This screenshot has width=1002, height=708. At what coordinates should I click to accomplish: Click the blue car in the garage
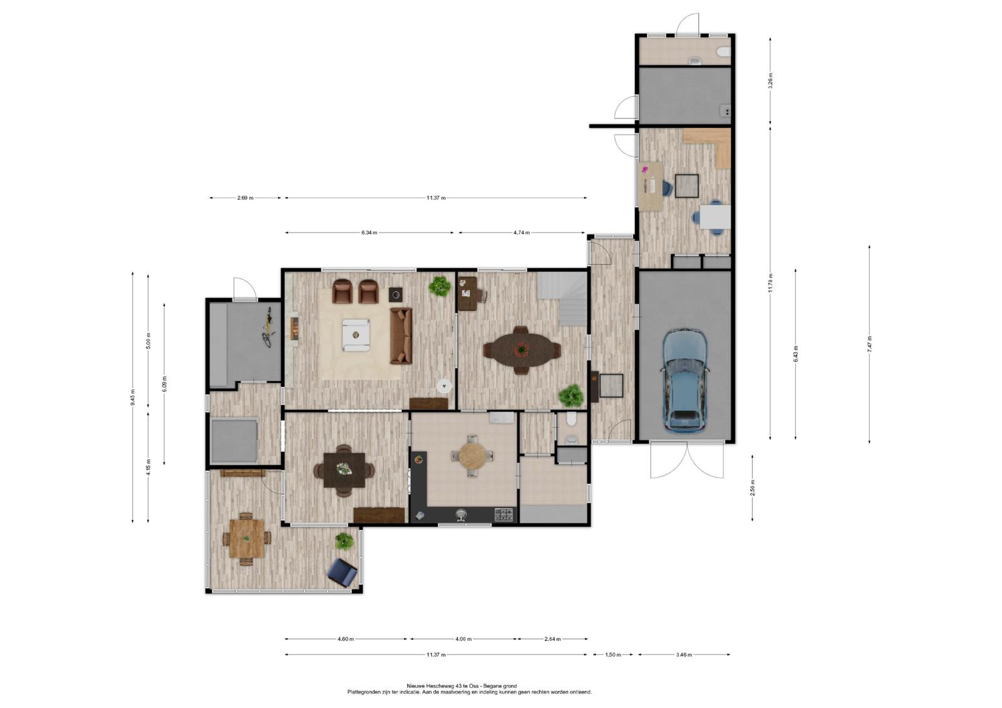[x=685, y=381]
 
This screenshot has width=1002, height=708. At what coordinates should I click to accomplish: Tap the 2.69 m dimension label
[x=245, y=198]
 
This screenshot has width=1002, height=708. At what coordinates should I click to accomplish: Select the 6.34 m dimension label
[x=369, y=233]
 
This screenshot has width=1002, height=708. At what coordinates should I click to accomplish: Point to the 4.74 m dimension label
[x=522, y=233]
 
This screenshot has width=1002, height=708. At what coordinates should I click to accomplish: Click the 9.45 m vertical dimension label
[x=132, y=397]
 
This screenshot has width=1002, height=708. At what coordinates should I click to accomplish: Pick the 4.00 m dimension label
[x=463, y=639]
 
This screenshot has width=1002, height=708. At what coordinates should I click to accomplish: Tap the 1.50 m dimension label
[x=613, y=655]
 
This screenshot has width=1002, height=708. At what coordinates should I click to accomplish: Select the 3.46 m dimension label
[x=684, y=655]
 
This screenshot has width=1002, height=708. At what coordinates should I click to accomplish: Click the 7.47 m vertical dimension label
[x=870, y=344]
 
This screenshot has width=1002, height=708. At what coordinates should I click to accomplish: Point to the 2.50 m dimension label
[x=752, y=488]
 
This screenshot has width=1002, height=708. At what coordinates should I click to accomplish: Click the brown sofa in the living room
[x=401, y=336]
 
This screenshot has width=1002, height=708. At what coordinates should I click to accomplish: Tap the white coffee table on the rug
[x=356, y=335]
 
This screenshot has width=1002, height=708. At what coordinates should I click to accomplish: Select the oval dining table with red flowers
[x=521, y=350]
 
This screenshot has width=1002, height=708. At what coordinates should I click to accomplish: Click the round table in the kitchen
[x=472, y=455]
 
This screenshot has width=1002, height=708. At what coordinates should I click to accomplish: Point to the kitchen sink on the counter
[x=460, y=516]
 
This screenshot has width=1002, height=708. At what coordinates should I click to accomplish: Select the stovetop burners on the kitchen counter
[x=504, y=515]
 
